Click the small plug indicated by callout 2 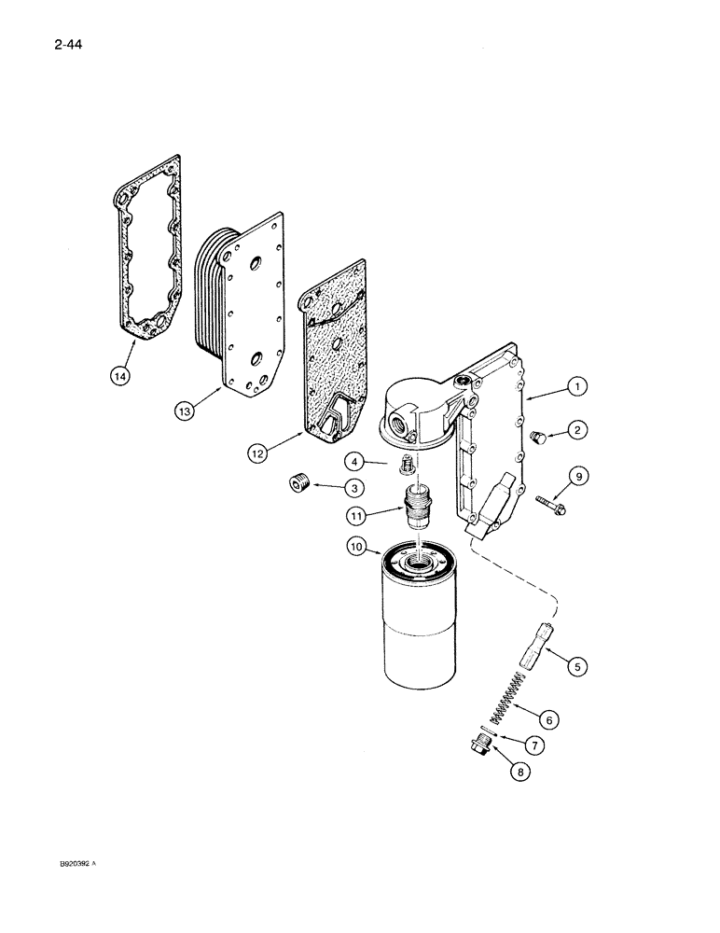pyautogui.click(x=535, y=438)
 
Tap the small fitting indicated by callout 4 pyautogui.click(x=407, y=464)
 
